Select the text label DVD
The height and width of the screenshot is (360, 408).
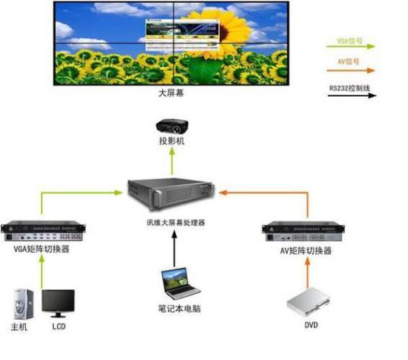point(310,328)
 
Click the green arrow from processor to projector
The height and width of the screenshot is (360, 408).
point(172,161)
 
